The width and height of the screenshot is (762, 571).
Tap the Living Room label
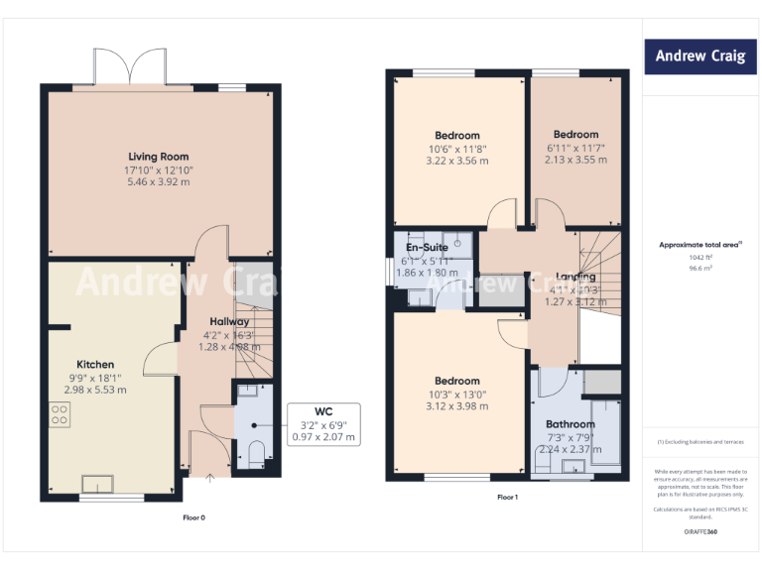[158, 157]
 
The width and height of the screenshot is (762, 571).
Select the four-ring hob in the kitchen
[59, 414]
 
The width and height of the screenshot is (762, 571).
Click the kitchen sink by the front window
[97, 484]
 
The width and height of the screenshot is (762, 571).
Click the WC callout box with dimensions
[322, 423]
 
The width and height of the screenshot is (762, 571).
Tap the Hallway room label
[229, 322]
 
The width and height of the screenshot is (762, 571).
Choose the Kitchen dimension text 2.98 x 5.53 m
[95, 390]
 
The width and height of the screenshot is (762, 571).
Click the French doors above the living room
[130, 68]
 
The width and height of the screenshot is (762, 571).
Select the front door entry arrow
[209, 480]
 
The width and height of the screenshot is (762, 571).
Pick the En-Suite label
[428, 248]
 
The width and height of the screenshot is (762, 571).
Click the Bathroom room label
[570, 424]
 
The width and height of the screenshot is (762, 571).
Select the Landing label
[575, 277]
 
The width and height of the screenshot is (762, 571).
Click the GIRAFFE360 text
[700, 532]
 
